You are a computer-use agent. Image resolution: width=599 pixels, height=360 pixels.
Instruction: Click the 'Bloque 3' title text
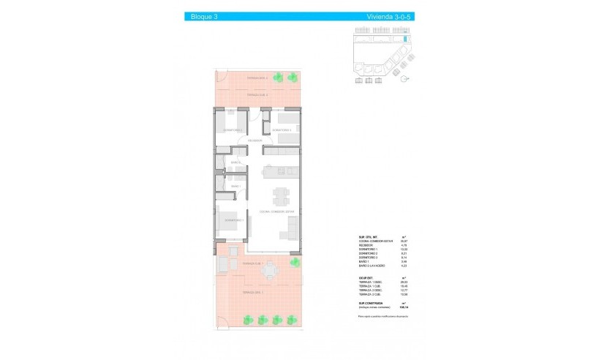(197, 16)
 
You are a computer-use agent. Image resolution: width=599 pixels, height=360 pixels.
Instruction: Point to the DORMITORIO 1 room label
(234, 220)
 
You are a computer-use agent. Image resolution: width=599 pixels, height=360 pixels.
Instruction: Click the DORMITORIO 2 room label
(233, 130)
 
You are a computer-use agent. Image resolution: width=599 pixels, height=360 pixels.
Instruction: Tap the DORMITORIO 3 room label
(282, 130)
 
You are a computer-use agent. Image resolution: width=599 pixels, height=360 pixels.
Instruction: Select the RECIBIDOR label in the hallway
(255, 140)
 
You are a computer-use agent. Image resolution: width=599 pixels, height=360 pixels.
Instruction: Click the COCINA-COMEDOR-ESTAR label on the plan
(276, 211)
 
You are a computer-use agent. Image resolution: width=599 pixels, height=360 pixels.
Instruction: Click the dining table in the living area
(281, 196)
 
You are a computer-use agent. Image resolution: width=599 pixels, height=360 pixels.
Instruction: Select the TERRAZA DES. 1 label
(252, 292)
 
